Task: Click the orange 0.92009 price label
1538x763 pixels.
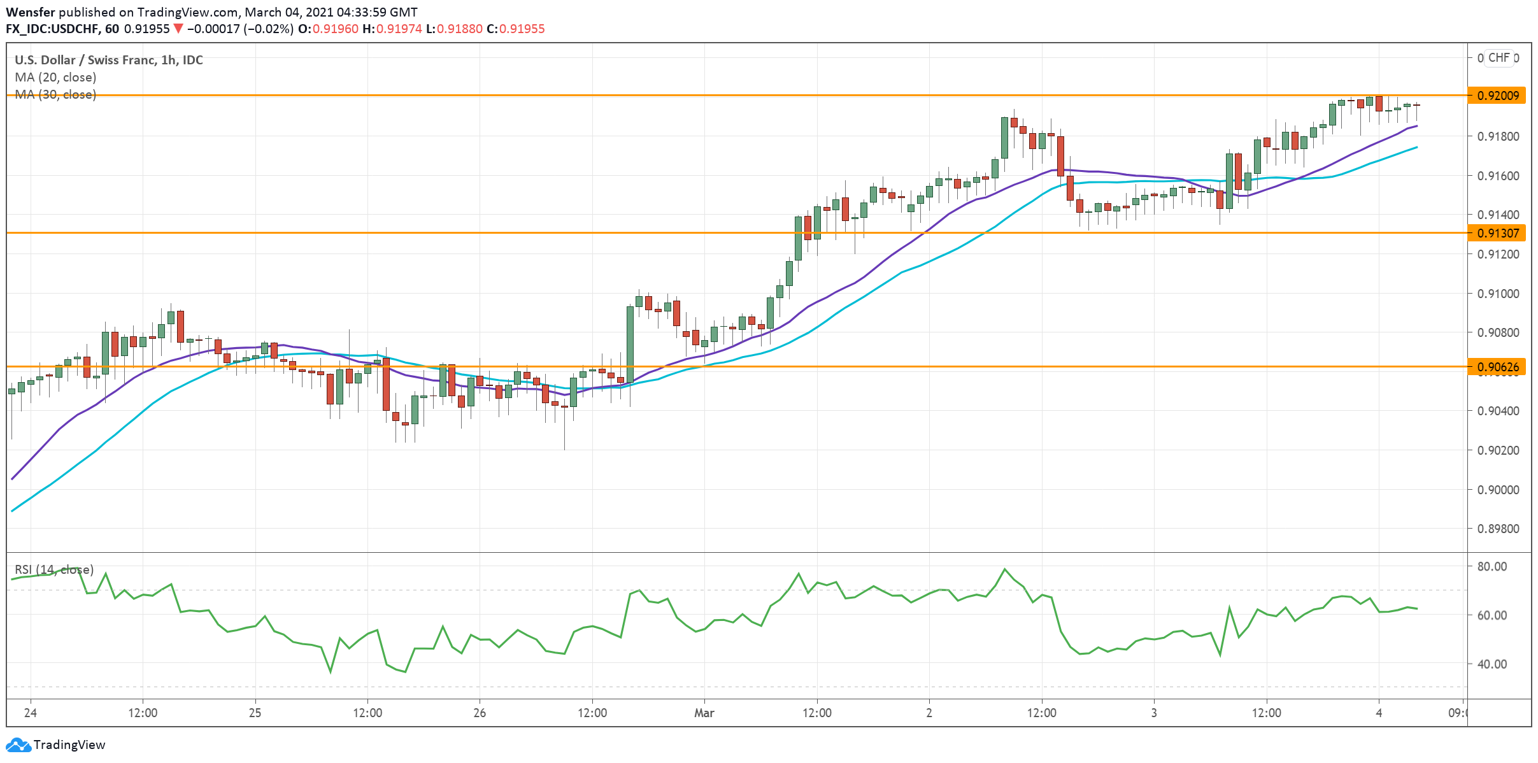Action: (x=1496, y=96)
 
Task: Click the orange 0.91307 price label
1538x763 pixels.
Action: (x=1496, y=233)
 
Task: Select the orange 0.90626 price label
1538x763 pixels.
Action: (x=1496, y=367)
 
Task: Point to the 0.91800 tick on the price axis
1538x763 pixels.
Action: (x=1498, y=136)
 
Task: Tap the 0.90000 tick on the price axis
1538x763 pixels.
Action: (x=1498, y=490)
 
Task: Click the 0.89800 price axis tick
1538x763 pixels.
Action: (x=1498, y=529)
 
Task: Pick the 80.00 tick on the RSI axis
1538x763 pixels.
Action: (x=1492, y=566)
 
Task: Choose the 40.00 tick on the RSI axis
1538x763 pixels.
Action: (x=1492, y=664)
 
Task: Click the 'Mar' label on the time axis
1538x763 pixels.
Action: (x=704, y=713)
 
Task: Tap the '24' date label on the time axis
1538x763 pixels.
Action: (x=30, y=713)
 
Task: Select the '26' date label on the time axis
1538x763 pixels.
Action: (x=480, y=713)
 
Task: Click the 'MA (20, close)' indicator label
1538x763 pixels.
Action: (x=55, y=77)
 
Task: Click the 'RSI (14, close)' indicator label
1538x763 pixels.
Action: (x=54, y=569)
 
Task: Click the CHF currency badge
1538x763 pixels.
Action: (x=1499, y=58)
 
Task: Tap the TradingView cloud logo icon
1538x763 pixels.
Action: (x=18, y=745)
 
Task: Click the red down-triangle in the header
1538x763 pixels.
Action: (x=178, y=29)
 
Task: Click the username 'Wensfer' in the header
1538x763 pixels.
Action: (x=31, y=12)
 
